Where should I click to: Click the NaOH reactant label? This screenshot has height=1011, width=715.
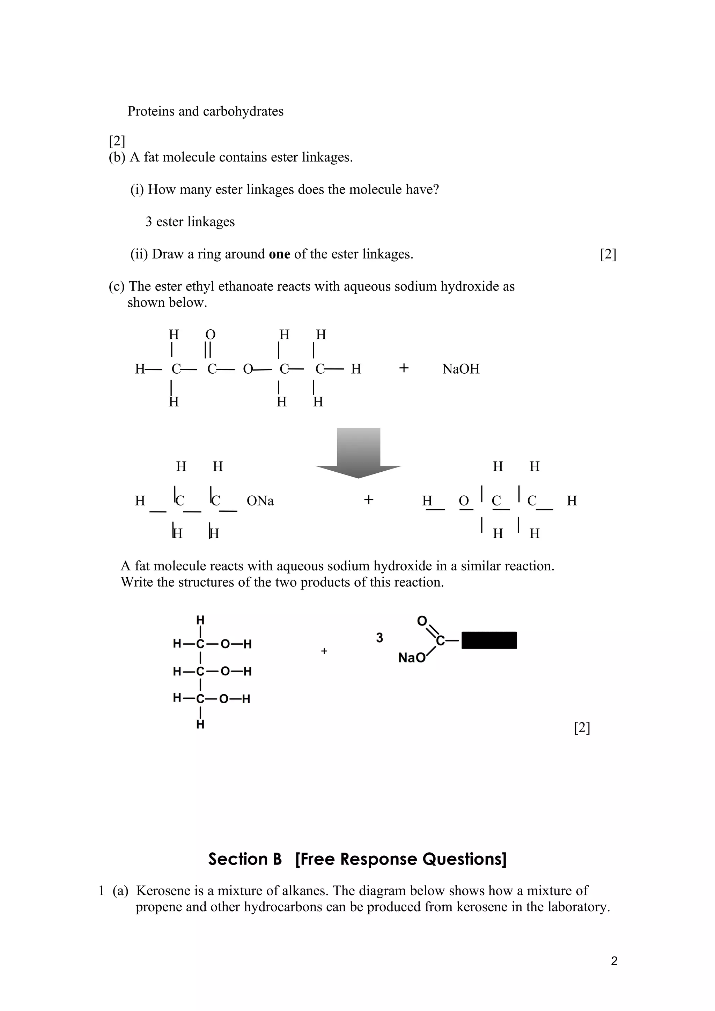tap(460, 369)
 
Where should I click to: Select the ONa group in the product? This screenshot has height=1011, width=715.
tap(260, 501)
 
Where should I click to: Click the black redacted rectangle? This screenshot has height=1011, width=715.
tap(489, 640)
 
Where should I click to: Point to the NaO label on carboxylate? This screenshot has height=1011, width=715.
tap(412, 658)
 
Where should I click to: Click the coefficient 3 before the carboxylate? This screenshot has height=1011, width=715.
tap(379, 638)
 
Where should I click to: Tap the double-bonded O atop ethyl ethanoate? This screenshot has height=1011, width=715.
tap(210, 335)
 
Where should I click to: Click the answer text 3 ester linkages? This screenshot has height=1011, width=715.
tap(190, 222)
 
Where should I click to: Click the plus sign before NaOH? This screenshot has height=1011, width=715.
tap(404, 368)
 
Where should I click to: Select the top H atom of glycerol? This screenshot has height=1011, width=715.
tap(200, 620)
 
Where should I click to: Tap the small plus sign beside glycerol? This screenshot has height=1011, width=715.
tap(324, 651)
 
